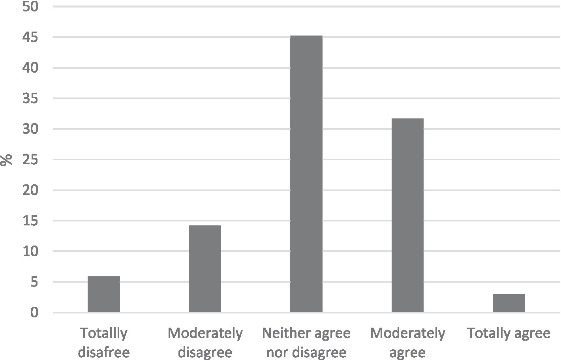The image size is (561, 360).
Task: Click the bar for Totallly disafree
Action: pos(104,294)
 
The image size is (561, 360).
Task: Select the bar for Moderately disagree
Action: pos(205,269)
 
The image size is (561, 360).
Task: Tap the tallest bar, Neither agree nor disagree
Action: pos(306,174)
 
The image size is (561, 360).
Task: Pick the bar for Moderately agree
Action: pos(407,215)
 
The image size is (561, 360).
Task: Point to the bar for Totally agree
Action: pos(508,303)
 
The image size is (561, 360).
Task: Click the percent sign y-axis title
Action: pos(6,160)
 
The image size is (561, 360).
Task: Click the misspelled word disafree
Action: pos(104,352)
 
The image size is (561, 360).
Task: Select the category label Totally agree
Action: pos(508,334)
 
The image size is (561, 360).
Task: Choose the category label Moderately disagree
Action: pos(205,342)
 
